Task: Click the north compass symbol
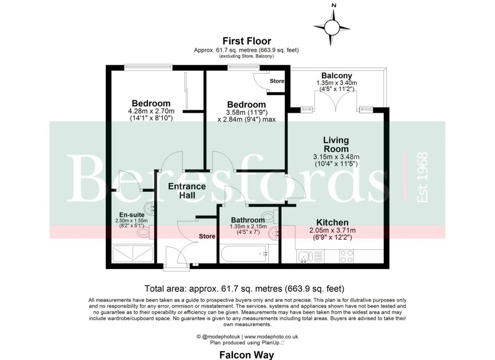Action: point(333,25)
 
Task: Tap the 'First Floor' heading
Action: point(247,41)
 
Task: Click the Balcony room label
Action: point(336,76)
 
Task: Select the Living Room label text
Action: point(336,145)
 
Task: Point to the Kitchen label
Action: point(332,222)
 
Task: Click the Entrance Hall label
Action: point(187,191)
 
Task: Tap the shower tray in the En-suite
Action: point(132,254)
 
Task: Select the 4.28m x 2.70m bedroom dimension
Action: point(151,111)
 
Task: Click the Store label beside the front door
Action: point(206,237)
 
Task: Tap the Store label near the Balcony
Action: point(277,81)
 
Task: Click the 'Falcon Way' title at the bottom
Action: point(247,355)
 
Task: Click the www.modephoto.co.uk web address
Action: point(271,336)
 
